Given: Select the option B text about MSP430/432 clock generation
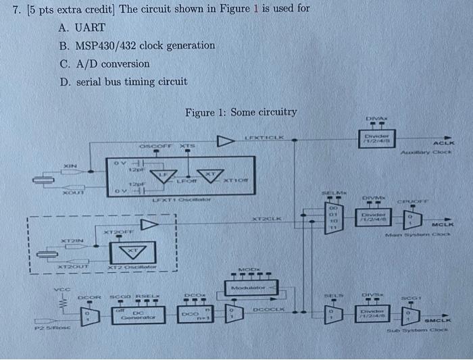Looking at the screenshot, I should (137, 45).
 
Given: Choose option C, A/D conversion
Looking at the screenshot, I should (104, 63).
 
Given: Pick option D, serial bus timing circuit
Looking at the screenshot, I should (122, 81).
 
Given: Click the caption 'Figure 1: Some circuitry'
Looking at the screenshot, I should (241, 112).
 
